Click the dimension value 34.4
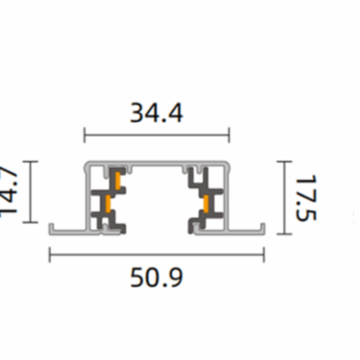click(x=156, y=113)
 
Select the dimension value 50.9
click(x=156, y=278)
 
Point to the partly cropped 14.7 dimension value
click(x=9, y=197)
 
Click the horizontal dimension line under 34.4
click(x=156, y=135)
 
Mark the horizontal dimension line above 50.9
click(x=156, y=254)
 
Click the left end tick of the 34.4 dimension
click(x=85, y=135)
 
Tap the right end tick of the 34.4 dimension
click(x=228, y=135)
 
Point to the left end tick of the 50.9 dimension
click(x=50, y=254)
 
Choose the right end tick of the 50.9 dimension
click(x=264, y=254)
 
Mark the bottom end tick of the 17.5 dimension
click(x=284, y=231)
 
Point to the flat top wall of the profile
click(x=156, y=165)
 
